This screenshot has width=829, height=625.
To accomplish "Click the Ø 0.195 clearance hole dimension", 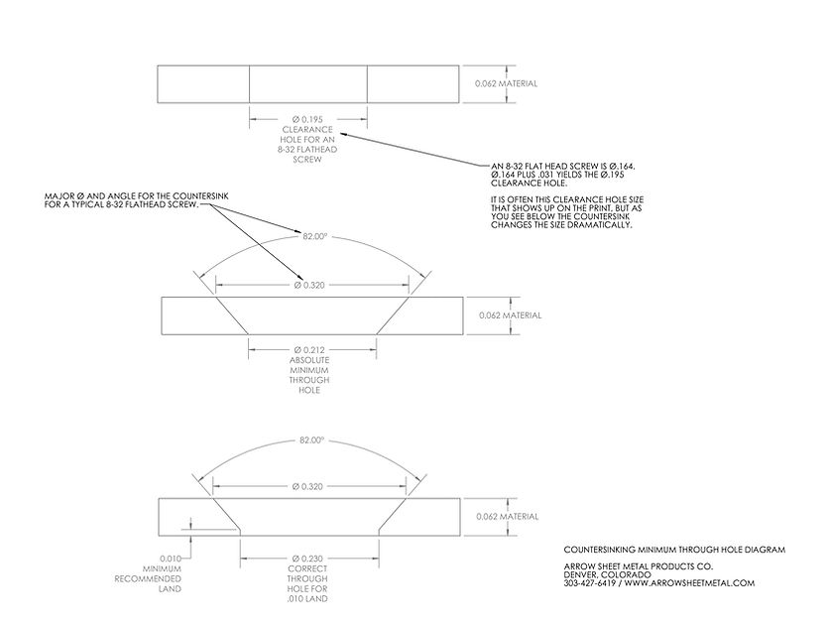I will (x=307, y=119).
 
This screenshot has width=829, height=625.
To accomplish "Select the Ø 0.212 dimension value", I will (x=311, y=349).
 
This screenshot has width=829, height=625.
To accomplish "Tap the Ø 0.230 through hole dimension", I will (x=310, y=559).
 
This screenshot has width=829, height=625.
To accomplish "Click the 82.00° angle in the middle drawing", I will (x=312, y=236).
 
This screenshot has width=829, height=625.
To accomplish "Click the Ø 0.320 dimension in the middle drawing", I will (x=311, y=286).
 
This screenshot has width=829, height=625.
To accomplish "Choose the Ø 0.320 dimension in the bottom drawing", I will (x=310, y=486).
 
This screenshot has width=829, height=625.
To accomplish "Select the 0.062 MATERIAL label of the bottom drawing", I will (x=508, y=517).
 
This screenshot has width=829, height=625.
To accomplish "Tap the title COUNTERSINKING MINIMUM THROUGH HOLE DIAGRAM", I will (x=659, y=549).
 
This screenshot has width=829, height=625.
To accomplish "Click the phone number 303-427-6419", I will (x=592, y=583).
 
